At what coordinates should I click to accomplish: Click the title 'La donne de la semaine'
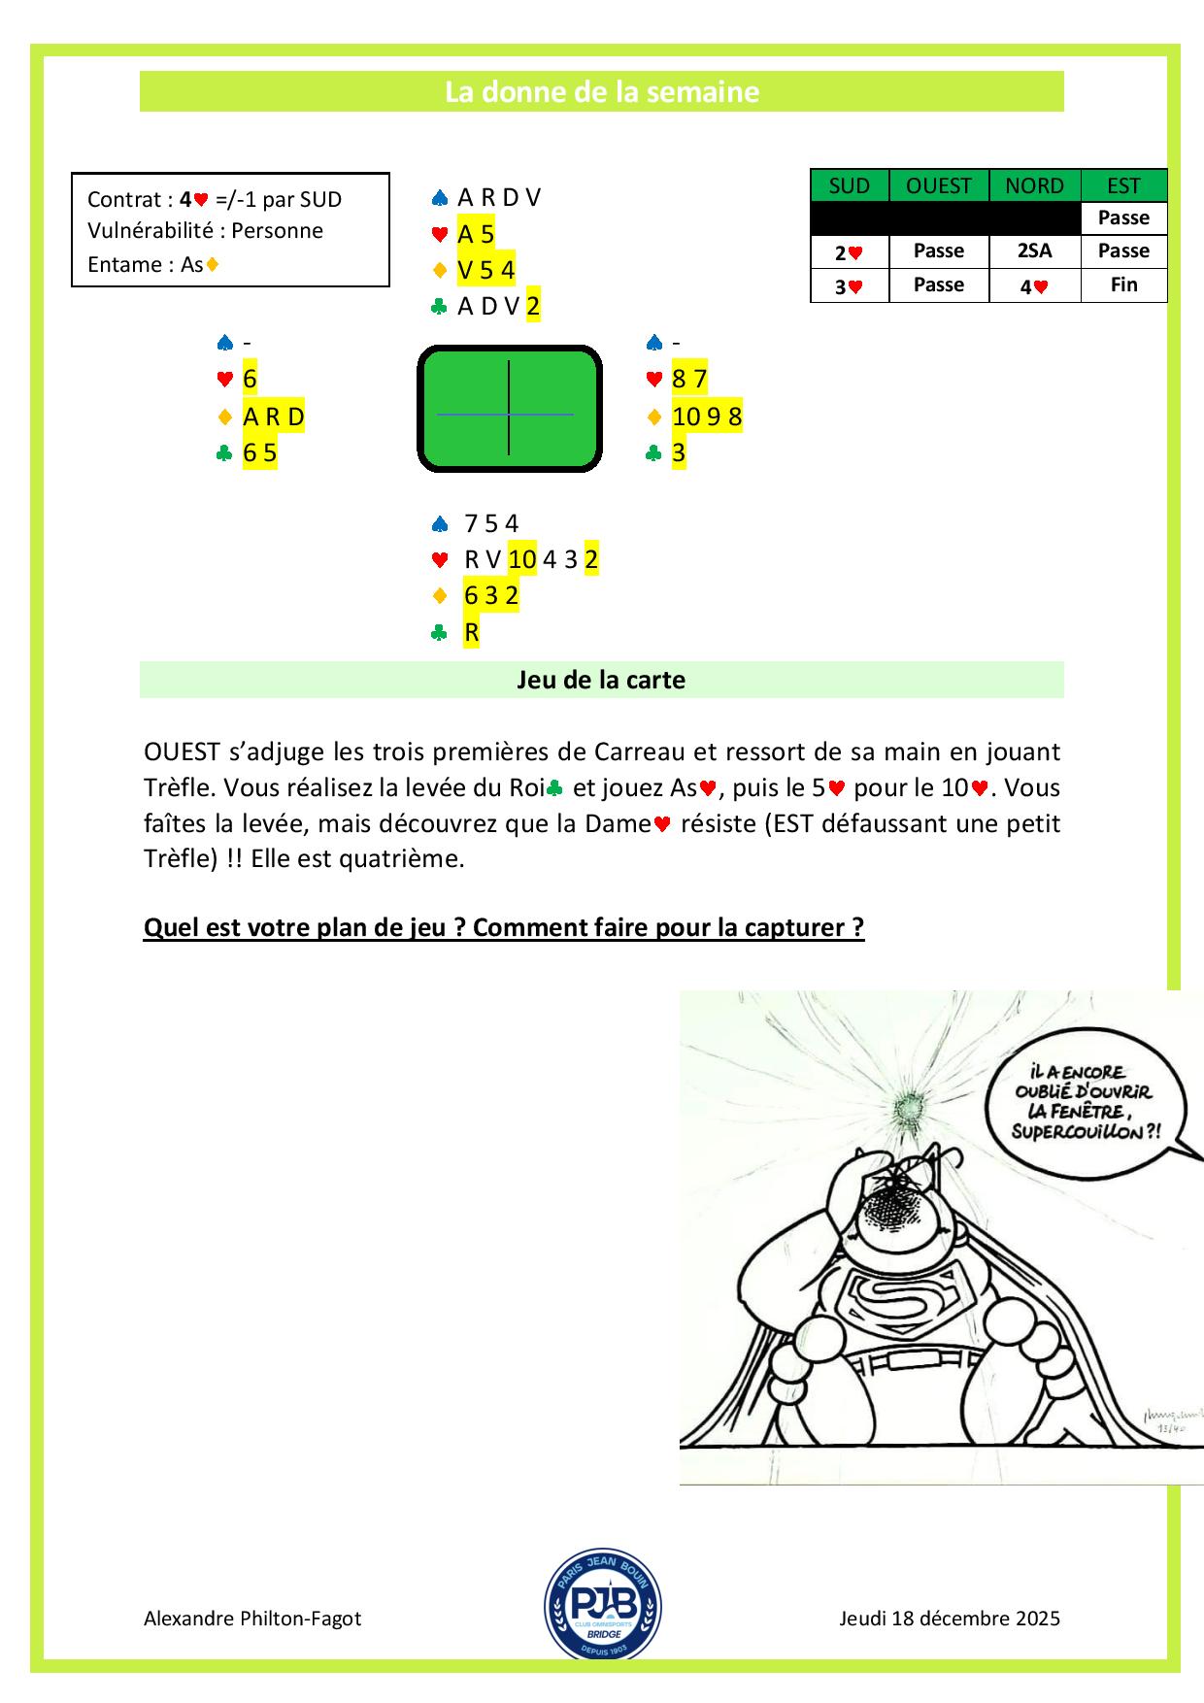[601, 92]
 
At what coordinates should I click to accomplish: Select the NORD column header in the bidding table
[1034, 185]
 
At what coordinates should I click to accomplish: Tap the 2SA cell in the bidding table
[1034, 250]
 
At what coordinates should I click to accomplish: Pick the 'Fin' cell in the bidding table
[1123, 285]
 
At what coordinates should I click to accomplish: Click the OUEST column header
[938, 185]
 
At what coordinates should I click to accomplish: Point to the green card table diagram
[509, 409]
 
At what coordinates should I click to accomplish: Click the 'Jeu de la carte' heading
[601, 680]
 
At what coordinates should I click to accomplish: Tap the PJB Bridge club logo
[603, 1603]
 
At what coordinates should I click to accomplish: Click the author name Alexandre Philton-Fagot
[252, 1619]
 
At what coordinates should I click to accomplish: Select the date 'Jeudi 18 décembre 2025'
[950, 1619]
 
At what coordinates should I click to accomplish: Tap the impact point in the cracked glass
[911, 1105]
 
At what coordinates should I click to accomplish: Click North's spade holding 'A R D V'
[499, 198]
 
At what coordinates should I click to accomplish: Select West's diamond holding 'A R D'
[274, 417]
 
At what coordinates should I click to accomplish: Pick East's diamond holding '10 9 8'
[707, 417]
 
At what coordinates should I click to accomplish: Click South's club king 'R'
[472, 633]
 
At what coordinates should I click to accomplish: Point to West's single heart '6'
[250, 380]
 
